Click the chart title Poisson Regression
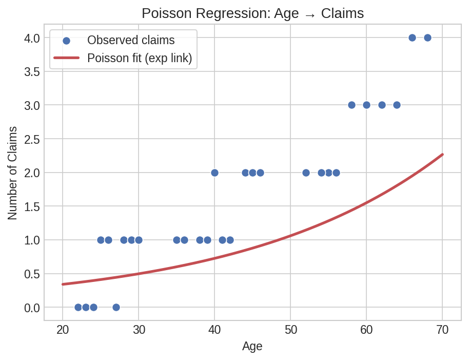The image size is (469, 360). (x=252, y=13)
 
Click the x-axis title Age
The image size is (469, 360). (x=252, y=347)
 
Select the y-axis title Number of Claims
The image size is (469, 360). (x=13, y=173)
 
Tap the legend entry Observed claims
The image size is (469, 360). (x=131, y=40)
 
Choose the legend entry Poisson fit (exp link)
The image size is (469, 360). (x=140, y=58)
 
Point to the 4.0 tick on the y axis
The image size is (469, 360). (x=32, y=38)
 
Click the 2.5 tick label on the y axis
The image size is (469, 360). (x=32, y=139)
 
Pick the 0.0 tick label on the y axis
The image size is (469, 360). (x=32, y=308)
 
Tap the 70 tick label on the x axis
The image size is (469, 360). (x=442, y=330)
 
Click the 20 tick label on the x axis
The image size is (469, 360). (x=63, y=330)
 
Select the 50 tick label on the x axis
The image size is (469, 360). (x=290, y=330)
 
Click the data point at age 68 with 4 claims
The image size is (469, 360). (x=427, y=37)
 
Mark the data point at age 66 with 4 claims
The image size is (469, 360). (x=412, y=37)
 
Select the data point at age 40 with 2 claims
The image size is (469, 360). (x=214, y=173)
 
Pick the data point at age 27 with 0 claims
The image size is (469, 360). (x=116, y=307)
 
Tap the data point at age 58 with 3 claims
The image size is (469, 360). (x=351, y=105)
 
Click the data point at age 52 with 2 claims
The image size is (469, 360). (x=306, y=173)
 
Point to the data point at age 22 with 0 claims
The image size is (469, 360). (x=78, y=307)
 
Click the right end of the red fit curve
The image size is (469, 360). (x=442, y=154)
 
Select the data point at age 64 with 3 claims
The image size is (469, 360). (x=397, y=105)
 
